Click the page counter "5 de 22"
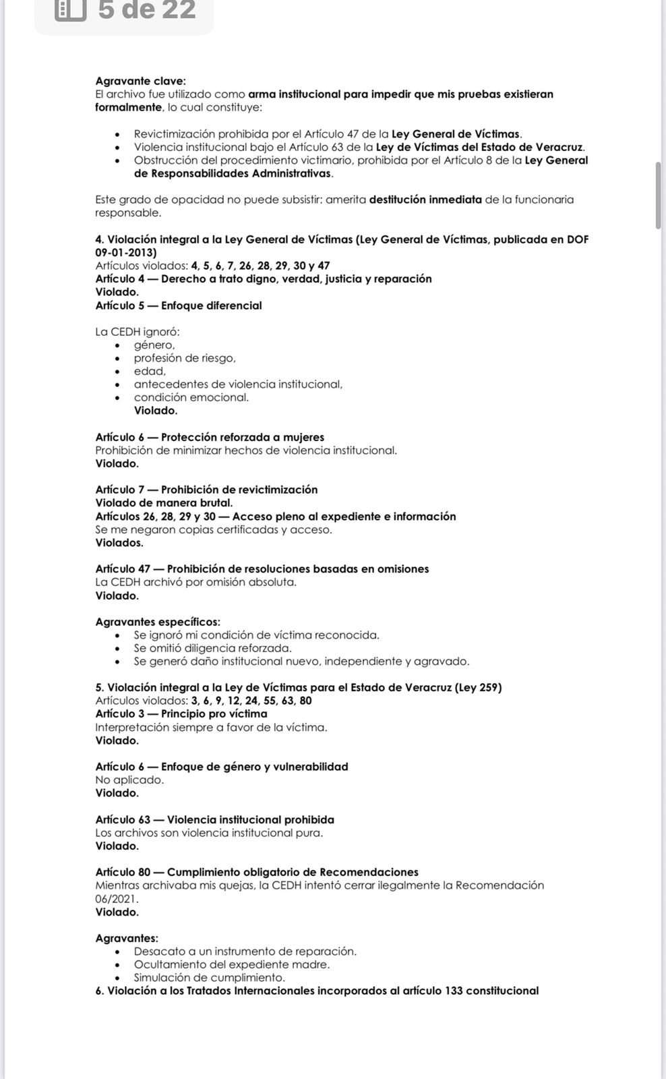(x=146, y=9)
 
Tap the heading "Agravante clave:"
(x=140, y=81)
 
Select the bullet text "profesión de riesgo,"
(x=185, y=358)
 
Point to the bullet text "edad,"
(x=150, y=371)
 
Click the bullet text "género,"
(x=154, y=345)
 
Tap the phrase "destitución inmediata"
(x=425, y=200)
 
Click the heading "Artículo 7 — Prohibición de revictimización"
(x=206, y=490)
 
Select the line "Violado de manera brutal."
(x=164, y=502)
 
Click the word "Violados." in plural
(x=119, y=542)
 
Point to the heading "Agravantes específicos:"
(x=158, y=622)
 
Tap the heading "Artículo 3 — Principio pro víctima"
(x=181, y=713)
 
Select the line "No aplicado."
(x=129, y=780)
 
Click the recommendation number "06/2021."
(x=117, y=899)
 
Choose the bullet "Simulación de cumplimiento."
(x=209, y=977)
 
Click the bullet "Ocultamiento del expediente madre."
(x=231, y=964)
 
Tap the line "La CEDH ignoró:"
(x=138, y=332)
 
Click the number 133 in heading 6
(x=454, y=991)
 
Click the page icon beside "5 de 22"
(x=70, y=9)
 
